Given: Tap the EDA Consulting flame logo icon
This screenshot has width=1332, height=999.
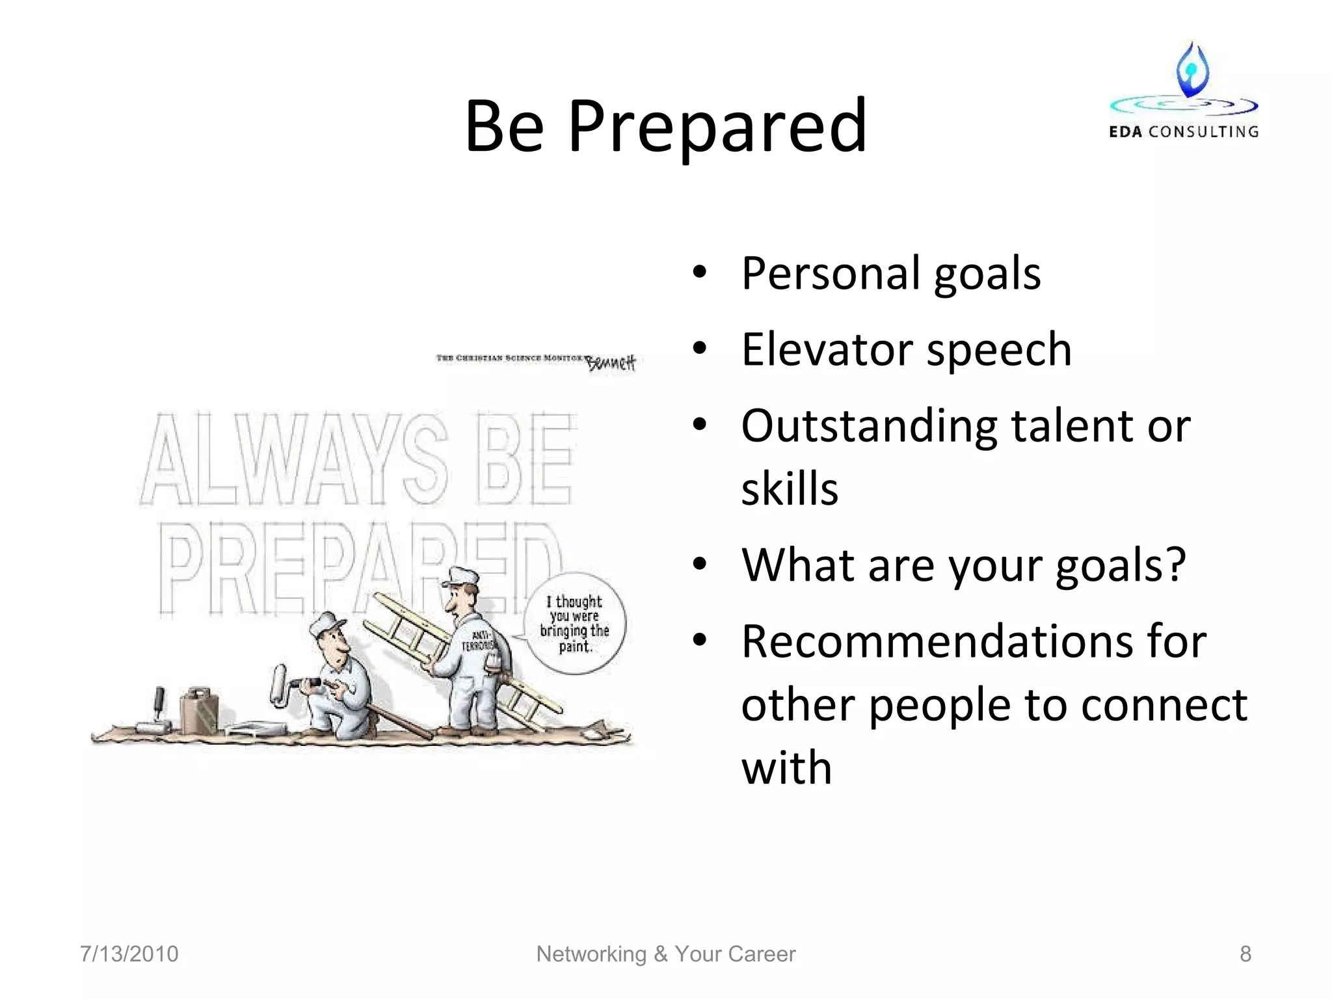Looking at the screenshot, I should point(1192,70).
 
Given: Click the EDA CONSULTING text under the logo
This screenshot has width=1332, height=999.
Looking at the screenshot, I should point(1183,132).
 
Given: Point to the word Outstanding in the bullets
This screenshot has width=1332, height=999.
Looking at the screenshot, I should point(869,426).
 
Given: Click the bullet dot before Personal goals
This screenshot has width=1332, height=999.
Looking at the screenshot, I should point(699,274).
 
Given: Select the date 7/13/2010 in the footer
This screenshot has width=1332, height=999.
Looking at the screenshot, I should point(129,954).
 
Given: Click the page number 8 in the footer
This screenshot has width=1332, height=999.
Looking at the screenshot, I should point(1245,954).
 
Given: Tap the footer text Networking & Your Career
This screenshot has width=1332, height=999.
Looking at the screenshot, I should point(665,954).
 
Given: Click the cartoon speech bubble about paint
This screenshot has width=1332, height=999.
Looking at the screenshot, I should point(575,623).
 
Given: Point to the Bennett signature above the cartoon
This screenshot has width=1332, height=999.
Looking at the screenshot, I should point(611,363).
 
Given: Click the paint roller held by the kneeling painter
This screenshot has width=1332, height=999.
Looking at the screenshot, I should point(280,684).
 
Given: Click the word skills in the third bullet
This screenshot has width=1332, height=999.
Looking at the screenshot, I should point(789,489).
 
